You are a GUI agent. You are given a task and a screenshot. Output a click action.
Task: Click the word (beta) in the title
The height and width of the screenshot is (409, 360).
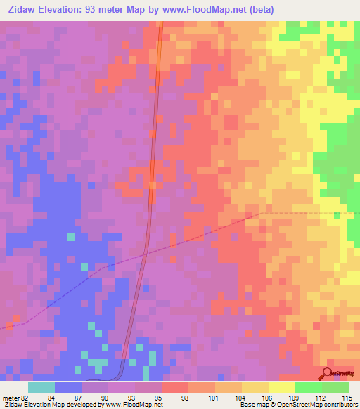(x=258, y=9)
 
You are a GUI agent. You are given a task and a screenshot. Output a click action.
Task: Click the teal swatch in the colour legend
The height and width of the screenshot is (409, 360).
(x=41, y=387)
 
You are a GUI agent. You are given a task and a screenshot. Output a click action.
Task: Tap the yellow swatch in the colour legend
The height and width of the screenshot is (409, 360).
(x=282, y=387)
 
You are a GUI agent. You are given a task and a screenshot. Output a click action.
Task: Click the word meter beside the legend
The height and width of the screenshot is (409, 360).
(x=10, y=396)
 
